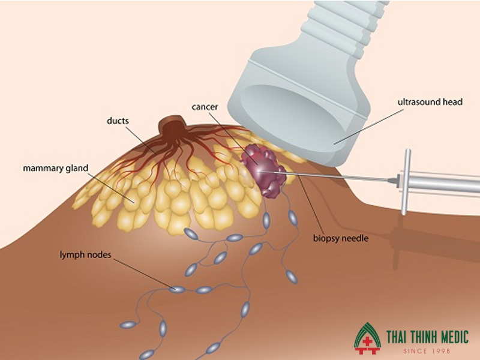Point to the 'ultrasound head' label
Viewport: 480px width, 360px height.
point(430,102)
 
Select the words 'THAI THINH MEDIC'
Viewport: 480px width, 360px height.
point(419,337)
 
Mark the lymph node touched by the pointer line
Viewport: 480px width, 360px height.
point(176,289)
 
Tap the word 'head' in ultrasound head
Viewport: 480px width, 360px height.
point(452,102)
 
